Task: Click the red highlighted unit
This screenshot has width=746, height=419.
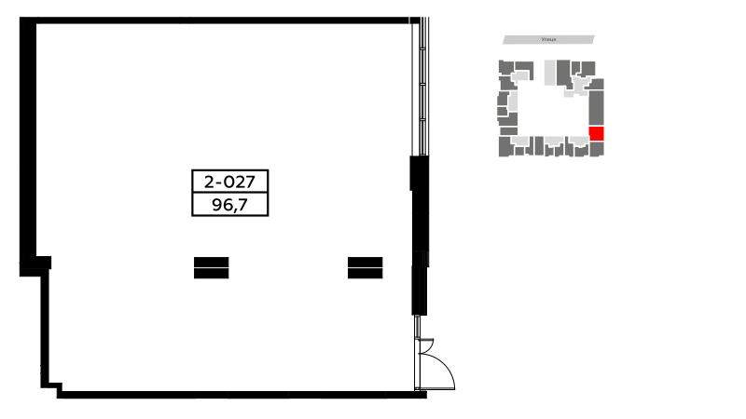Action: (597, 133)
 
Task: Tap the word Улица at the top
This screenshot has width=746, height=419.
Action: (548, 39)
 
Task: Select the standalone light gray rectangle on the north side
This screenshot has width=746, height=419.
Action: (549, 72)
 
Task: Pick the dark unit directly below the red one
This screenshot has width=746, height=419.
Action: (597, 149)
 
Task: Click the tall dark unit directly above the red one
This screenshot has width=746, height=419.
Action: (596, 107)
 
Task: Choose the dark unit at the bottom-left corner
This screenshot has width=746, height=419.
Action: (504, 146)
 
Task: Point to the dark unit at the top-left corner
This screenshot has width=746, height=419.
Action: (505, 67)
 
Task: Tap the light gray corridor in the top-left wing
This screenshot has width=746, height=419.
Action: (520, 75)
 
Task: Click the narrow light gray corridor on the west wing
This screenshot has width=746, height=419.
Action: (513, 101)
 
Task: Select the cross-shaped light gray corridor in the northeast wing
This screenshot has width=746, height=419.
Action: (579, 86)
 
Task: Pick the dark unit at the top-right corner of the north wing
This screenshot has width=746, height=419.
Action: (588, 67)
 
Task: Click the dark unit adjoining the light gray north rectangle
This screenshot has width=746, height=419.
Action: (563, 72)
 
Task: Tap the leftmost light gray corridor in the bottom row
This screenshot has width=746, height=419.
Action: (520, 141)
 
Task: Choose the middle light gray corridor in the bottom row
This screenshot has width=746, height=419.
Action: (555, 142)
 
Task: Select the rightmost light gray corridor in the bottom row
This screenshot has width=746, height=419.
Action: (579, 141)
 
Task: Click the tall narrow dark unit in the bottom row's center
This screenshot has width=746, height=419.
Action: (539, 145)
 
